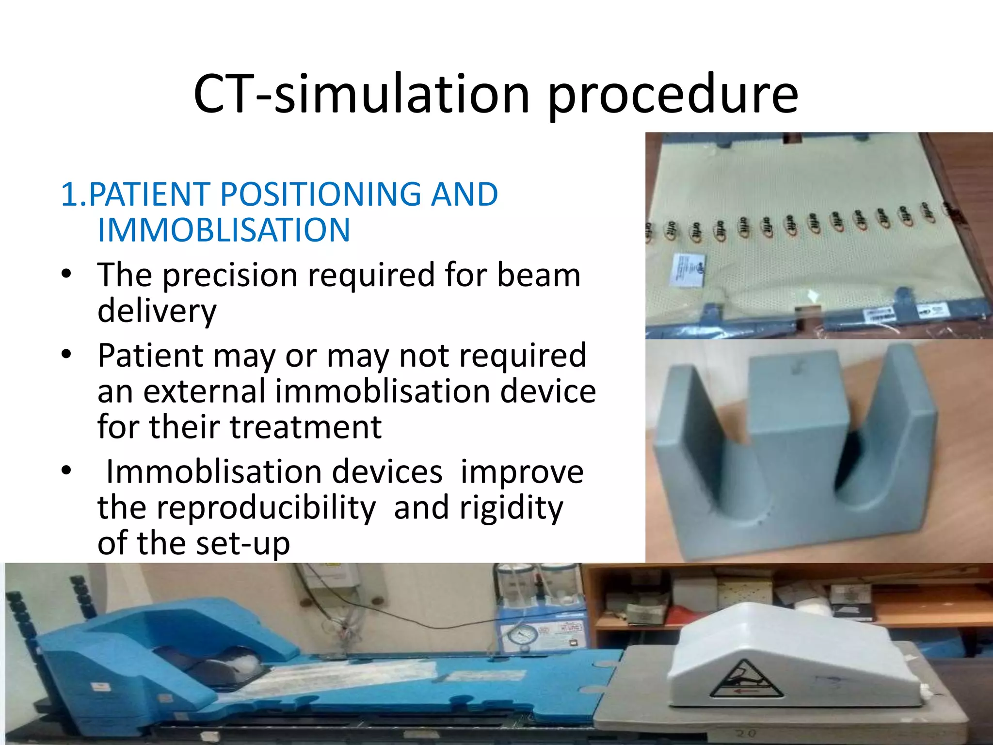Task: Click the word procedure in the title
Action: pyautogui.click(x=673, y=95)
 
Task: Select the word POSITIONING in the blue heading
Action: pyautogui.click(x=320, y=194)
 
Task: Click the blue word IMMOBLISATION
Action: pyautogui.click(x=224, y=230)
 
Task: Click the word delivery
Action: pyautogui.click(x=157, y=311)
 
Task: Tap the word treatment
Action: pyautogui.click(x=305, y=427)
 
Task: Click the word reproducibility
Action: pyautogui.click(x=266, y=508)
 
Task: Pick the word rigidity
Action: pyautogui.click(x=511, y=508)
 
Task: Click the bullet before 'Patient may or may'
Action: pyautogui.click(x=66, y=355)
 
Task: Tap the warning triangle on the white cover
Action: pyautogui.click(x=746, y=680)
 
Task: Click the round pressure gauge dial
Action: pyautogui.click(x=523, y=636)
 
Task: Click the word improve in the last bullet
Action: pyautogui.click(x=522, y=472)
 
